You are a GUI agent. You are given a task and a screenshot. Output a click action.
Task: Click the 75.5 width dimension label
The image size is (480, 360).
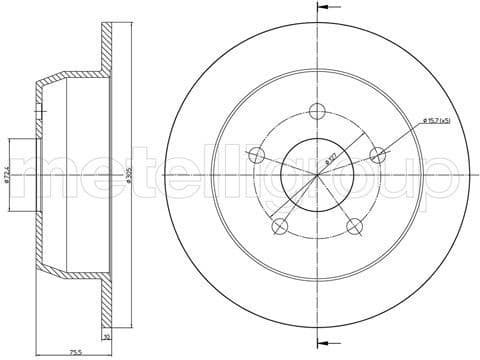[74, 352]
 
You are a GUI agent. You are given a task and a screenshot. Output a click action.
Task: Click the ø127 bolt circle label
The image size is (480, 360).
[329, 160]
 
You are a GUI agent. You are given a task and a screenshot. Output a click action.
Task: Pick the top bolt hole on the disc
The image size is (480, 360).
[318, 111]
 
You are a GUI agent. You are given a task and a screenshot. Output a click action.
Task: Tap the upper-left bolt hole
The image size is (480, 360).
[257, 155]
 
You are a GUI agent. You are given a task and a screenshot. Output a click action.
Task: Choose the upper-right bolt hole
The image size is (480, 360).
[378, 155]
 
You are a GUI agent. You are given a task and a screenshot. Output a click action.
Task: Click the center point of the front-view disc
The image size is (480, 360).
[318, 175]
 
